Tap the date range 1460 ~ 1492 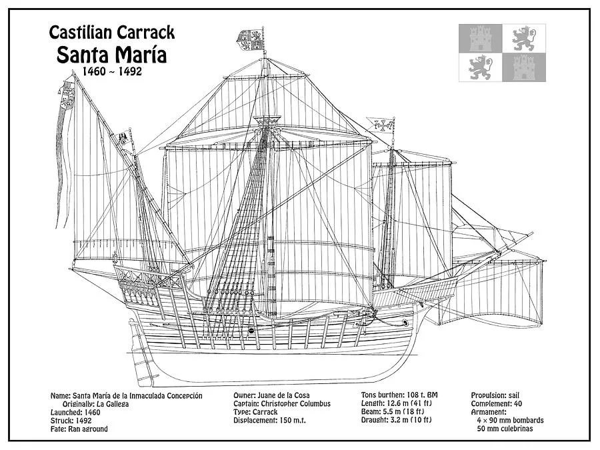point(112,71)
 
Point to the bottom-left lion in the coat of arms point(480,68)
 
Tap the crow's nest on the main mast point(269,121)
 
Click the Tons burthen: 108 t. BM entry point(400,395)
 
